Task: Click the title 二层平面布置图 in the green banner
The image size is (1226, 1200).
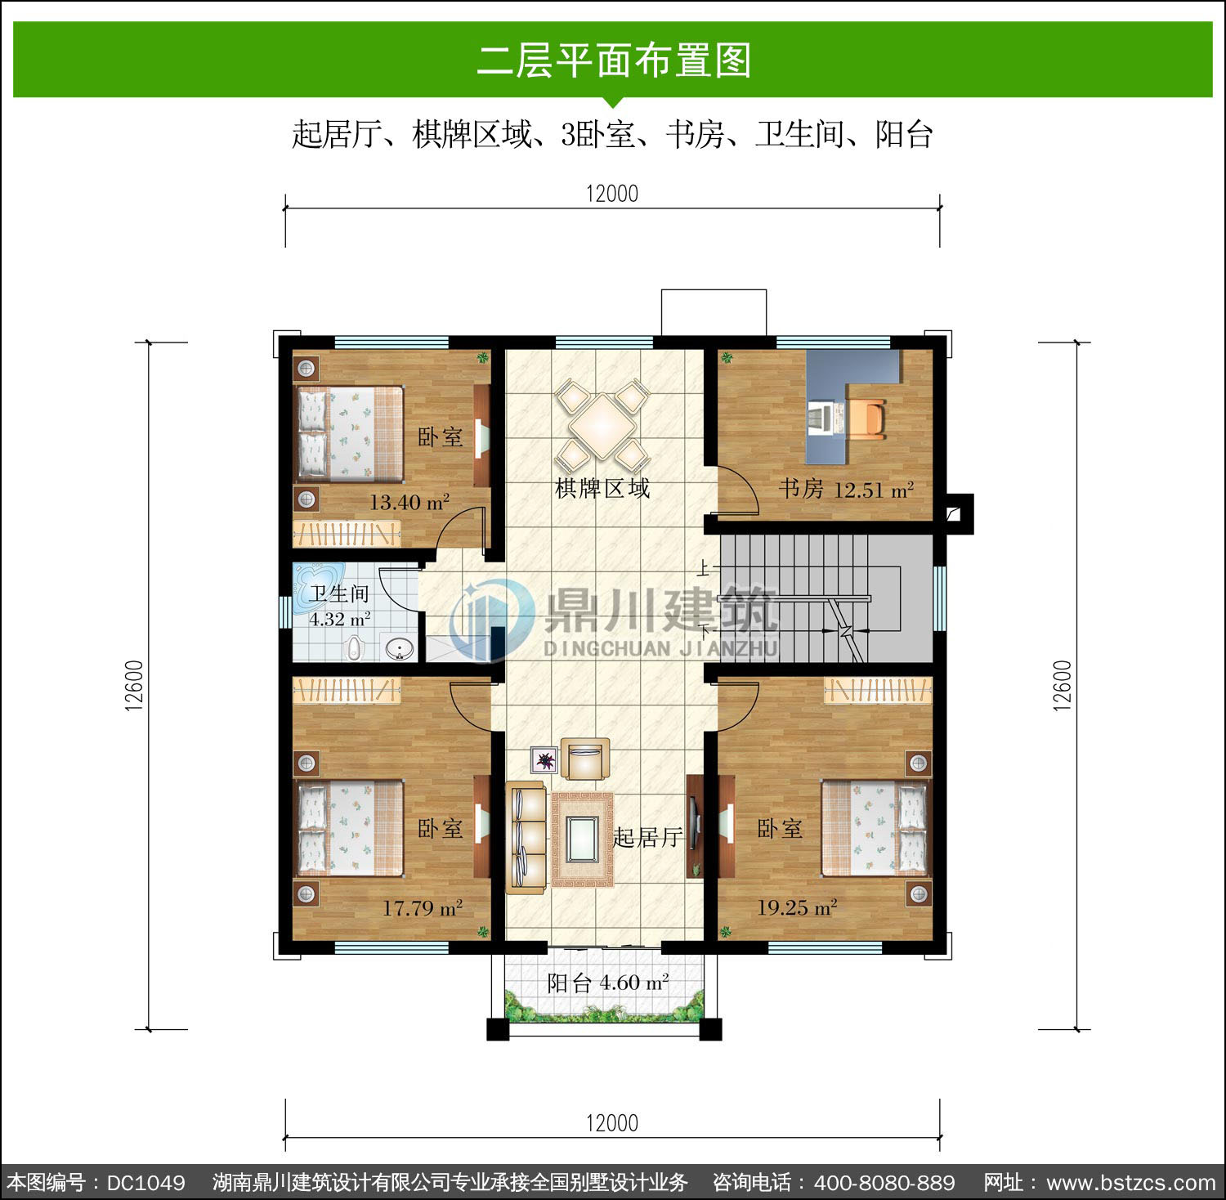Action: pos(613,60)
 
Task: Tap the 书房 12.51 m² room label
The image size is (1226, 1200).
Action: pos(846,489)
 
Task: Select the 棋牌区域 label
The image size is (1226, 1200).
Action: pos(602,488)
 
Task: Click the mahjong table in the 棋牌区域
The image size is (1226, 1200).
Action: pos(602,424)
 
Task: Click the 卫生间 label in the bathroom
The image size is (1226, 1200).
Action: pos(339,593)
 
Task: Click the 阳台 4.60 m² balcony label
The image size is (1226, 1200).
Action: pos(608,983)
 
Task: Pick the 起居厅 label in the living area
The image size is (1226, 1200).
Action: pos(647,837)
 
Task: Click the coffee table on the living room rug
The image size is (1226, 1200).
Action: pos(582,839)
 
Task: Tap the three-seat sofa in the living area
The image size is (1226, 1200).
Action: pos(526,837)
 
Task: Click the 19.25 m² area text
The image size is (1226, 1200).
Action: pos(797,907)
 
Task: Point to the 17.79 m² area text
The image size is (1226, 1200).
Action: pos(423,907)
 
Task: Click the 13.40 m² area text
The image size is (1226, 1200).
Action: pos(409,502)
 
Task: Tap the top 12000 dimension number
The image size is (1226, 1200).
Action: pos(612,194)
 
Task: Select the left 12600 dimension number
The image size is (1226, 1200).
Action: pos(135,686)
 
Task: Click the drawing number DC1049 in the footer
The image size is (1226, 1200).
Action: pos(146,1183)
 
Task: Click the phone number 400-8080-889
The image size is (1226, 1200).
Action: pos(884,1183)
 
